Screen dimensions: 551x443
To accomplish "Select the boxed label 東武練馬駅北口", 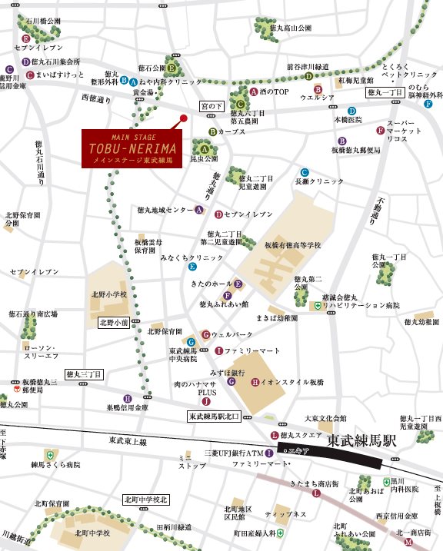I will click(x=215, y=417).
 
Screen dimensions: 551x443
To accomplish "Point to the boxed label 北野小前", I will click(x=114, y=324).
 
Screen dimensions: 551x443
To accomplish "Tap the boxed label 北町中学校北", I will click(x=145, y=500).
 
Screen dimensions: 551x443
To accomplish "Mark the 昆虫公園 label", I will click(x=204, y=159).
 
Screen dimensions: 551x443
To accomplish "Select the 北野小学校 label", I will click(x=109, y=294).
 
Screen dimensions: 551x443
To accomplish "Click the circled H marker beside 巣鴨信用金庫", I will click(x=128, y=398).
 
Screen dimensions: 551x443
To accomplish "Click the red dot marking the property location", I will click(x=183, y=118).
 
